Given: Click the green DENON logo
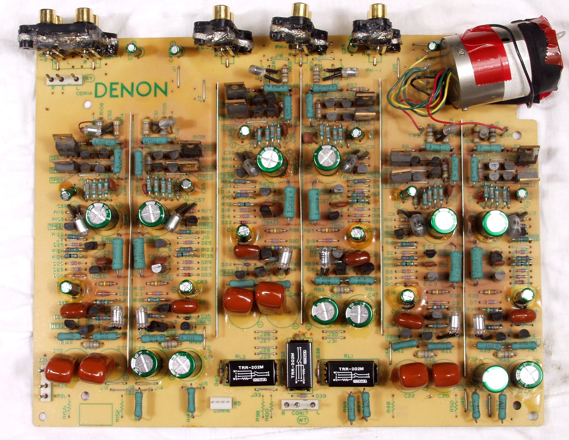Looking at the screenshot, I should pos(131,90).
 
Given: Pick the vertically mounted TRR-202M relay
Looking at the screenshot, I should pos(298,364).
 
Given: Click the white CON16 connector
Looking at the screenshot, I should pos(220,404).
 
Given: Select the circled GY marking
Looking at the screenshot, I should pos(89,78).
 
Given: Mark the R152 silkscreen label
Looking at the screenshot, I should pos(117,412).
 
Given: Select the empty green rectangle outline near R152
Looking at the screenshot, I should pos(96,414).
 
